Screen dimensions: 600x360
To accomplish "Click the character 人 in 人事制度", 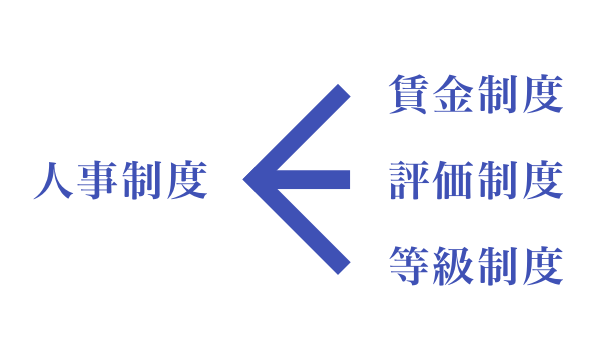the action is pos(53,181).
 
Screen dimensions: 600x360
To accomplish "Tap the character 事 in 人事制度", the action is pos(98,181).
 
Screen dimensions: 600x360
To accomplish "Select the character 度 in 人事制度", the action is pos(187,181).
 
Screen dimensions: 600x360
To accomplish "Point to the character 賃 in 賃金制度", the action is pos(409,95).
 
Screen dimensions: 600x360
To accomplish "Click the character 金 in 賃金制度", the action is pos(454,95).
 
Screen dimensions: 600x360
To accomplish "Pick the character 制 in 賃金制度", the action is pos(498,95).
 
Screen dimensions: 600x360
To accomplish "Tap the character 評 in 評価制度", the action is pos(409,181).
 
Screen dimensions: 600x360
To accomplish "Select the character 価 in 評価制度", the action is pos(454,181).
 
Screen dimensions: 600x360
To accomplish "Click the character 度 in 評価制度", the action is pos(543,181).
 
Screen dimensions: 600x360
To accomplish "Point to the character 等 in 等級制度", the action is pos(409,266).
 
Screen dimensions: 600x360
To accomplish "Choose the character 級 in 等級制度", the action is pos(454,266).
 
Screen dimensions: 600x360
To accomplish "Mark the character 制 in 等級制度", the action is pos(498,266).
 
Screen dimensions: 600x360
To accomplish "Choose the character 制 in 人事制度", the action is pos(142,181).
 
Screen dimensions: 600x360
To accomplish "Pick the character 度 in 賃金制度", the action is pos(543,95).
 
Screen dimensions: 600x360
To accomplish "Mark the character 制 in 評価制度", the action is pos(498,181).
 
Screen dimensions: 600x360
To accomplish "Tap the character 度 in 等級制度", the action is pos(543,266).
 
